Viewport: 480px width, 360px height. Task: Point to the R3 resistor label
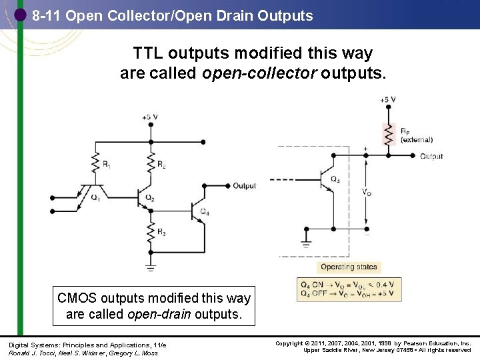pos(162,231)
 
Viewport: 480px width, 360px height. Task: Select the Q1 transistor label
pos(95,197)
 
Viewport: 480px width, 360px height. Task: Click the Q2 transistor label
pos(149,198)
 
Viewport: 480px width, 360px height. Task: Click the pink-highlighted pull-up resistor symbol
pos(386,134)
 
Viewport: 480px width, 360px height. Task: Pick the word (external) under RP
pos(417,140)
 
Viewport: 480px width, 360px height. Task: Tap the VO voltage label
pos(367,192)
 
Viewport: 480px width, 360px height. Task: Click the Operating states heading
pos(349,267)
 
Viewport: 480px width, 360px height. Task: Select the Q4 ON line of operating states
pos(349,285)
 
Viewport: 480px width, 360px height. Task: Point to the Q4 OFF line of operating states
pos(349,294)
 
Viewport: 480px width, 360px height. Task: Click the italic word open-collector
pos(259,73)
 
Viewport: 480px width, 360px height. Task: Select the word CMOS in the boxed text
pos(77,298)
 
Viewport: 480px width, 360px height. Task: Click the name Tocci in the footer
pos(41,352)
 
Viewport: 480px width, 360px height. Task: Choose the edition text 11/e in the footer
pos(160,345)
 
